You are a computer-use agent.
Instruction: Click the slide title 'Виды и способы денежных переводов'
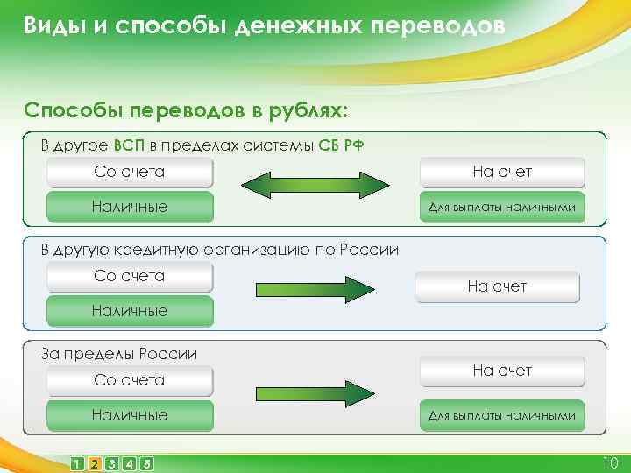coord(264,25)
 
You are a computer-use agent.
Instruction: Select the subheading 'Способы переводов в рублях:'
coord(186,111)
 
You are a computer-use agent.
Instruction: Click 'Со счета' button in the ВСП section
coord(130,173)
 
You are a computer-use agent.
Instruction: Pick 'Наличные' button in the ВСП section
coord(130,208)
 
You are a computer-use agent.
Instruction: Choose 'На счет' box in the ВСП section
coord(502,173)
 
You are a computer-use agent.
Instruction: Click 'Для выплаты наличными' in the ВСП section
coord(502,208)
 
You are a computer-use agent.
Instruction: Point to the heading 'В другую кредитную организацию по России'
coord(220,250)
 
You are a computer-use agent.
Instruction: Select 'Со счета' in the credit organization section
coord(130,277)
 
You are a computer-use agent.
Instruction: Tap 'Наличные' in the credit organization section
coord(130,311)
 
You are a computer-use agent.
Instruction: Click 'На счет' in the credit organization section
coord(497,286)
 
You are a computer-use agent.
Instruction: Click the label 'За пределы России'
coord(119,354)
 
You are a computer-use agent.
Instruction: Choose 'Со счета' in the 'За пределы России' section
coord(130,381)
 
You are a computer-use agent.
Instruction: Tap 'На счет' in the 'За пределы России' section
coord(502,371)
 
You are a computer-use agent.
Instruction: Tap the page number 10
coord(610,462)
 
